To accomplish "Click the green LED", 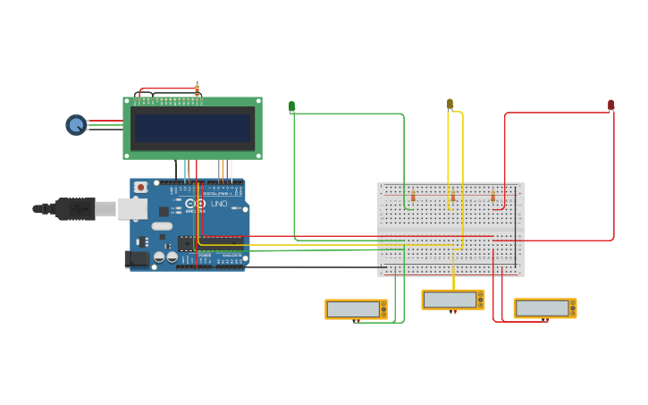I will click(x=291, y=106).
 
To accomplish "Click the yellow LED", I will click(x=450, y=104).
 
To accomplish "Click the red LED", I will click(x=611, y=105).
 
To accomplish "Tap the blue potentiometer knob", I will click(x=76, y=125).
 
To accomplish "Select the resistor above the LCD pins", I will click(x=197, y=89).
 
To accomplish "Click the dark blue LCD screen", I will click(x=192, y=128).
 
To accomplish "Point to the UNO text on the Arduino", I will click(x=219, y=204).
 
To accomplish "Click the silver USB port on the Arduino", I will click(x=132, y=208).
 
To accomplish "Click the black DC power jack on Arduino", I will click(x=137, y=258).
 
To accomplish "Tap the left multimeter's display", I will click(x=352, y=308).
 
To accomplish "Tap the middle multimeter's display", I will click(x=450, y=300).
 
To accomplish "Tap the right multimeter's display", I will click(x=542, y=308).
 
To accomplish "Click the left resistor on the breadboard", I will click(x=413, y=197).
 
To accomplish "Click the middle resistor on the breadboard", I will click(x=453, y=197).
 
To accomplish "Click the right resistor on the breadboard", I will click(x=492, y=197).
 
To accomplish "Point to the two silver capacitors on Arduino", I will click(x=165, y=257).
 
